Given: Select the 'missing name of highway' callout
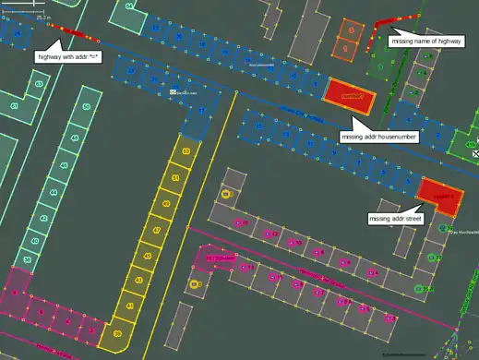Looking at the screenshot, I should [x=426, y=42].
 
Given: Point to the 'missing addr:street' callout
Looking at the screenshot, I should [x=394, y=219].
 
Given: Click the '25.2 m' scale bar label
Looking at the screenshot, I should [x=42, y=18].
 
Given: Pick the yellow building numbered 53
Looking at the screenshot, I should [x=187, y=150].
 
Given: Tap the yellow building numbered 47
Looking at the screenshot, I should [x=157, y=231].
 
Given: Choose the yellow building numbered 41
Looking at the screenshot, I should [x=129, y=306].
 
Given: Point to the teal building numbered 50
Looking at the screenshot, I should [x=86, y=108].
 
